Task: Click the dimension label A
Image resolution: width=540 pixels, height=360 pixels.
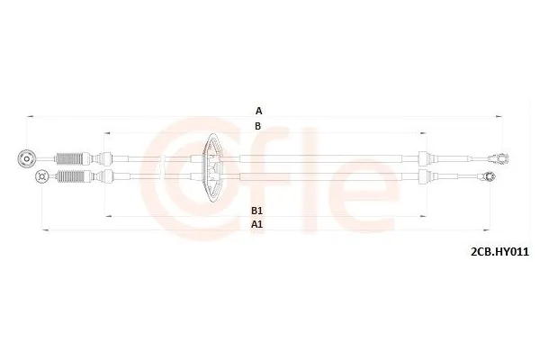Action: coord(258,110)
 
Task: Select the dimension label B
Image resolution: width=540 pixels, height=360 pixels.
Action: coord(258,126)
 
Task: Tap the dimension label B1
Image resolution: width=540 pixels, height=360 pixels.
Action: coord(257,209)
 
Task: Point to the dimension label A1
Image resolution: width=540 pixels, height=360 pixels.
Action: coord(257,222)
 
